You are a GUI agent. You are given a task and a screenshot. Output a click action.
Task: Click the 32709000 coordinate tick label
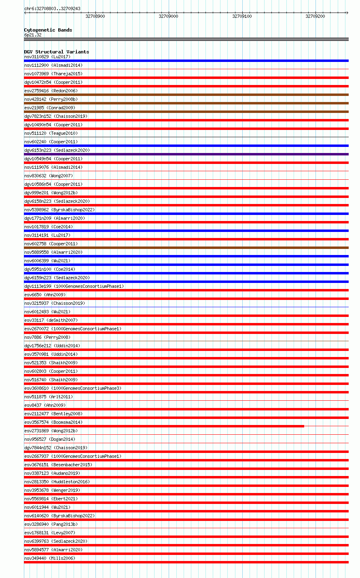point(168,16)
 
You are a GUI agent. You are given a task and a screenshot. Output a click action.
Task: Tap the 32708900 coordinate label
point(95,16)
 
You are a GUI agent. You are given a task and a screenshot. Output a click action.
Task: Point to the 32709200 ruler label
point(315,16)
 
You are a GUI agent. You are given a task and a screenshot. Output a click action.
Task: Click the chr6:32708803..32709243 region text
point(52,8)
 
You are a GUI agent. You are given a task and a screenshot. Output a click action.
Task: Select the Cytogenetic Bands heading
point(48,30)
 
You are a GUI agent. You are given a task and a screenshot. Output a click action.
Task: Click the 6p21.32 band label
point(33,35)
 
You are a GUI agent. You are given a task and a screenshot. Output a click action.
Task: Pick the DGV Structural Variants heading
point(57,52)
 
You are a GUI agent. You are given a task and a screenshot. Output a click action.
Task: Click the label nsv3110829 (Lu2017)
point(47,57)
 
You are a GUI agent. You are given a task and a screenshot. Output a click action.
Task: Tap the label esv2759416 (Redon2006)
point(51,91)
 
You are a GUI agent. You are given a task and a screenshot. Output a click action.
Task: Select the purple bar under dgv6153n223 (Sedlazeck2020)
point(186,154)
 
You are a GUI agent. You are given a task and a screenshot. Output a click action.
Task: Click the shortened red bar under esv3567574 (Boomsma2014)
point(164,426)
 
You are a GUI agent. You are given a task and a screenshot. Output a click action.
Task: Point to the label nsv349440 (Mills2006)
point(50,558)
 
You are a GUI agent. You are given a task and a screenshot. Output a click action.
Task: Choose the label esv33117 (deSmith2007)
point(51,320)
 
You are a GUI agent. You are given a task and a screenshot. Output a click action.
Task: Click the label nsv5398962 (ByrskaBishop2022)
point(59,210)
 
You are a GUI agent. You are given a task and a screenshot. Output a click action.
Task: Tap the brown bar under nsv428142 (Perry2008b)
point(186,103)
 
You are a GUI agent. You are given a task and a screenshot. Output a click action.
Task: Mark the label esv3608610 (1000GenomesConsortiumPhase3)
point(73,388)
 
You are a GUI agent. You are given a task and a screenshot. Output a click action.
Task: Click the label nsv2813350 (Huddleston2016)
point(57,482)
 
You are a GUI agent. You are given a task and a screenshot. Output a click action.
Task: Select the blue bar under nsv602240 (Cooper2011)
point(186,146)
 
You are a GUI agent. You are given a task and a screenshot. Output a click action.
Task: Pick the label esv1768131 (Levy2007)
point(50,533)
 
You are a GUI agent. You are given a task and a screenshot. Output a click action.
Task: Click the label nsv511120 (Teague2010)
point(51,133)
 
